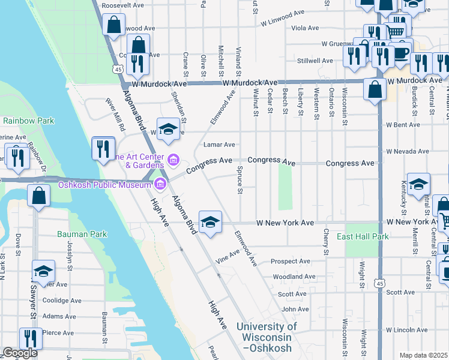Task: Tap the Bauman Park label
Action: click(82, 234)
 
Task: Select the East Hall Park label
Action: click(363, 236)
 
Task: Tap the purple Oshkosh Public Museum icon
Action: click(160, 184)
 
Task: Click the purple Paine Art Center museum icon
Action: click(173, 159)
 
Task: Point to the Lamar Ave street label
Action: click(218, 145)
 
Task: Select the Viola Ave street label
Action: click(305, 28)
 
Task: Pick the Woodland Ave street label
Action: click(294, 277)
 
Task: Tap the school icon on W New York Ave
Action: click(209, 222)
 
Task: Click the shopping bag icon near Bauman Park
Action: click(38, 196)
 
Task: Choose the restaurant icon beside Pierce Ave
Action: click(31, 339)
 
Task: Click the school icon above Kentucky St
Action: click(418, 184)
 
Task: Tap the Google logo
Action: click(19, 353)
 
